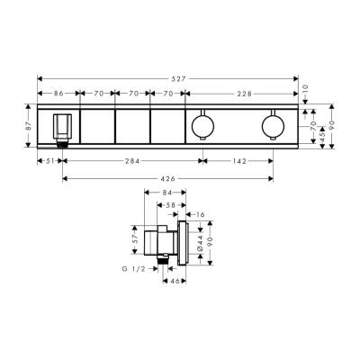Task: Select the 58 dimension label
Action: [172, 206]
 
